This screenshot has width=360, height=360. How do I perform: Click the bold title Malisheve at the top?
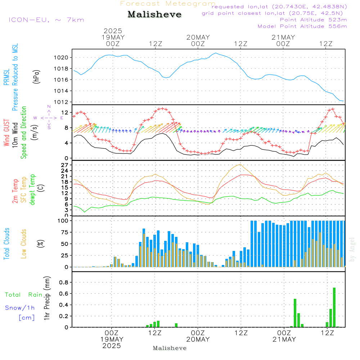point(154,15)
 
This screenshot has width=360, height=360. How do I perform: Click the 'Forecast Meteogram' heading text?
point(167,4)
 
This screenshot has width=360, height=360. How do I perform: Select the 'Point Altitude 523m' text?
point(313,20)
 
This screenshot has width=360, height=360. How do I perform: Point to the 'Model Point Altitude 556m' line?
point(302,26)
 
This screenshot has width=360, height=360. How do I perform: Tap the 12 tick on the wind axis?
point(65,112)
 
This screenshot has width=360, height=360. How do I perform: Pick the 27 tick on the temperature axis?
point(65,165)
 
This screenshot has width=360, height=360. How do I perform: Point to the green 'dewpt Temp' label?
point(33,189)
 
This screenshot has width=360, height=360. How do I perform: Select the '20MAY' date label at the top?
point(198,37)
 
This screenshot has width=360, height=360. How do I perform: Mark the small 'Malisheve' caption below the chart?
point(170,348)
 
